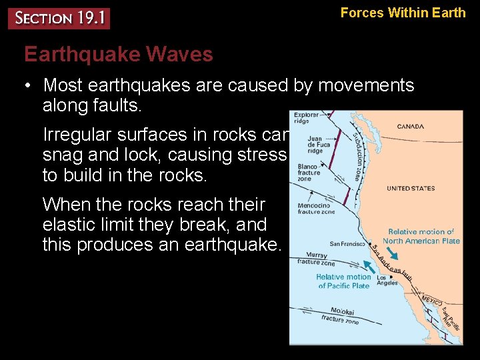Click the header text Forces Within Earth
pos(403,13)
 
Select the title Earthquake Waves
pos(119,54)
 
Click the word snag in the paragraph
pos(61,155)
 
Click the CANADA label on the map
pos(410,127)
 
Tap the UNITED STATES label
pos(411,189)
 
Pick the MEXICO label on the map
pos(432,300)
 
